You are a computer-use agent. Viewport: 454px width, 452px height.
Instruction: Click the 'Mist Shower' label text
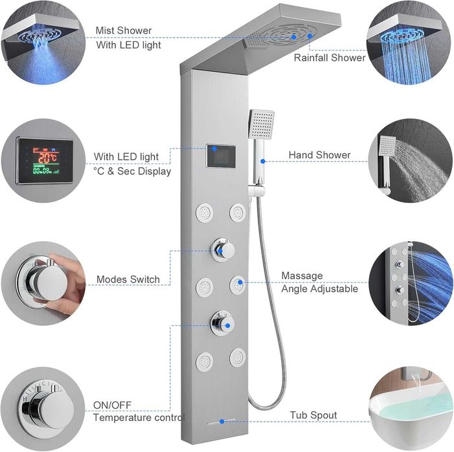click(x=124, y=30)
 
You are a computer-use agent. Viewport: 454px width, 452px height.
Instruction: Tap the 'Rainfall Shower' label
click(x=330, y=58)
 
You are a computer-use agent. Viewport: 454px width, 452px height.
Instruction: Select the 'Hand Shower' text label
click(x=319, y=155)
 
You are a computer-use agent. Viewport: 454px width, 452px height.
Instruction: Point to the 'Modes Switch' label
click(x=128, y=279)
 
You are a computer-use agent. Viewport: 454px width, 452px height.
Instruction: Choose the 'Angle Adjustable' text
click(x=319, y=289)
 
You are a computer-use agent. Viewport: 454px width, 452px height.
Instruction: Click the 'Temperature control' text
click(x=139, y=418)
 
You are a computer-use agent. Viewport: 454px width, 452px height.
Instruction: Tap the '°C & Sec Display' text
click(x=132, y=171)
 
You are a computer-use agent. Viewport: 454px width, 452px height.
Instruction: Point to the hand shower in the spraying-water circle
click(x=387, y=162)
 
